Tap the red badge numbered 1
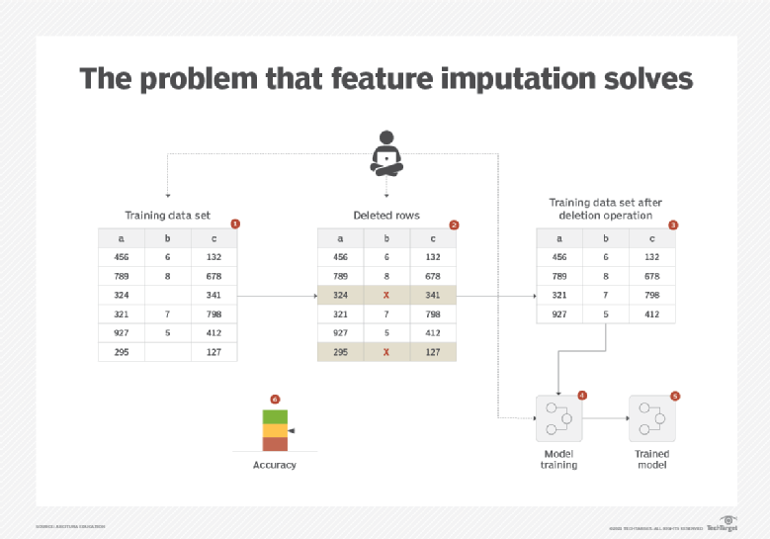pos(234,225)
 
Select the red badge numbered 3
pos(673,225)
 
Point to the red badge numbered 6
pos(275,400)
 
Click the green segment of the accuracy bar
pos(275,416)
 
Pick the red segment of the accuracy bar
pos(275,444)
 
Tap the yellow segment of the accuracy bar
pos(275,430)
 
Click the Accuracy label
pos(275,465)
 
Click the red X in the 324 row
pos(386,295)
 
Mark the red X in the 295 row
pos(386,351)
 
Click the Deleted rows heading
pos(385,216)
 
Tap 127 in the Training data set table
pos(214,351)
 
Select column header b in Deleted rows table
pos(386,238)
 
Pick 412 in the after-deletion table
pos(652,314)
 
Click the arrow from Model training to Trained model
pos(605,417)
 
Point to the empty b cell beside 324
pos(167,295)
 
